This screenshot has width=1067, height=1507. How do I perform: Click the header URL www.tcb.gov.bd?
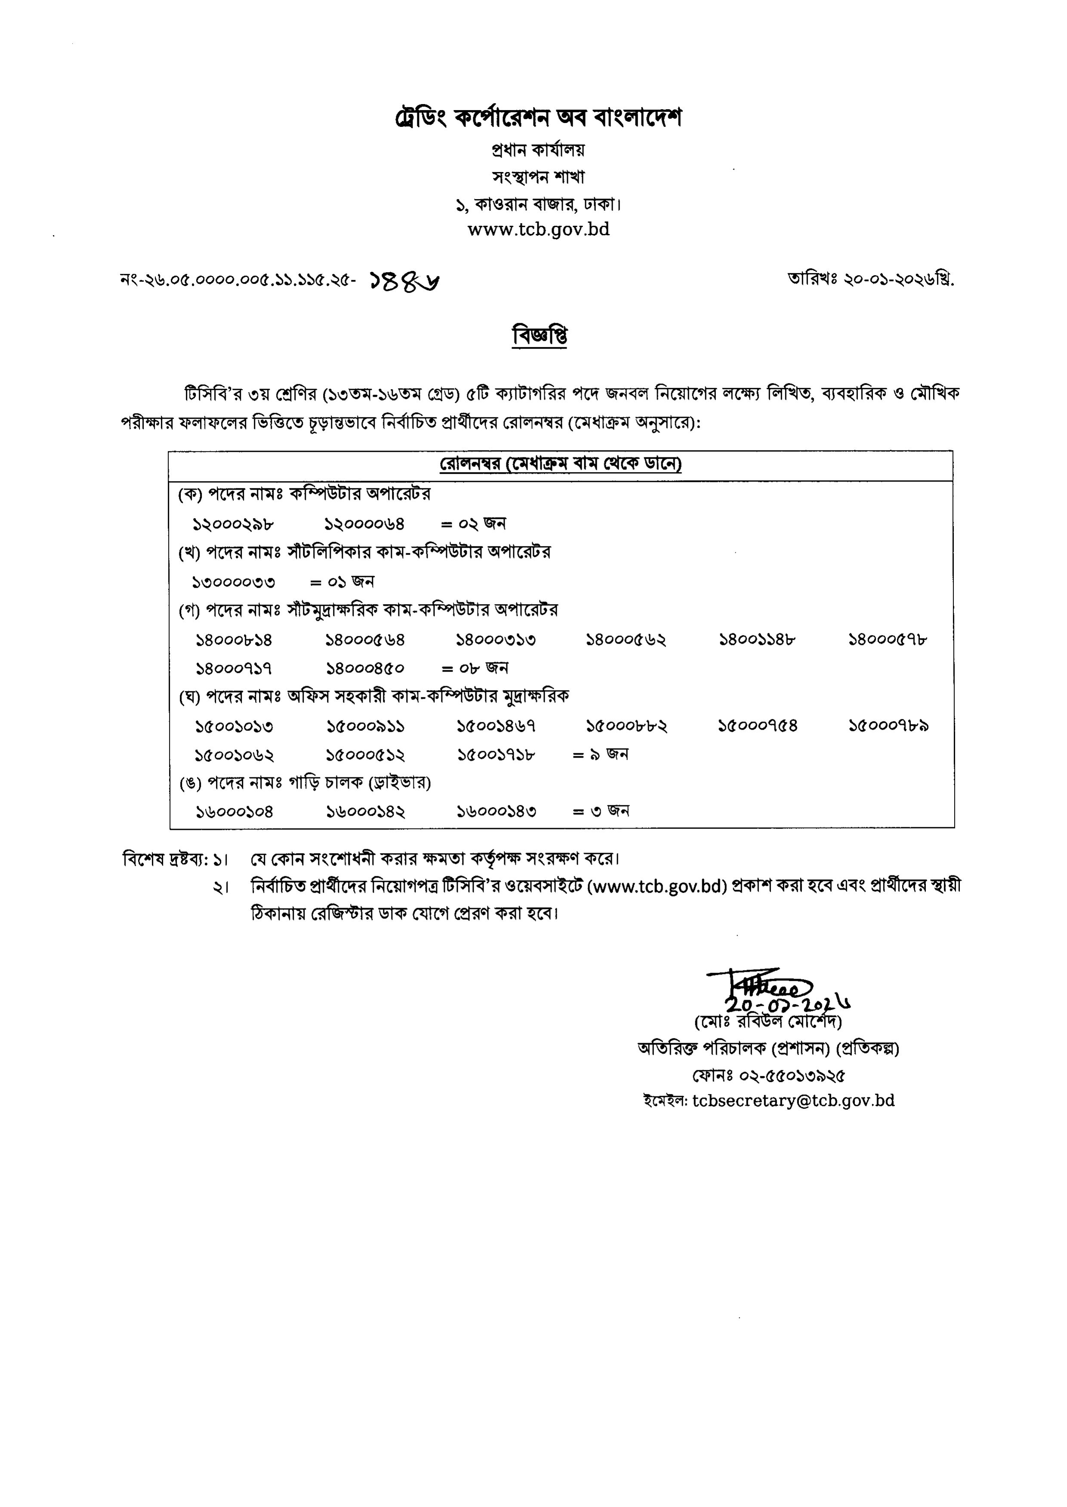tap(538, 229)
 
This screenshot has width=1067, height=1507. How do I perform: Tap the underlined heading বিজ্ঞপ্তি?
tap(540, 335)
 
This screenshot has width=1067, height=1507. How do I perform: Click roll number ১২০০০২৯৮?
tap(233, 524)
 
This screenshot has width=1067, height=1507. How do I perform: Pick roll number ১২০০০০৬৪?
tap(365, 524)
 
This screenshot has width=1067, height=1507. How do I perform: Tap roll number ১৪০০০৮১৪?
tap(234, 640)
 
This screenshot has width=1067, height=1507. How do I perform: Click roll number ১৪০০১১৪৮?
tap(758, 640)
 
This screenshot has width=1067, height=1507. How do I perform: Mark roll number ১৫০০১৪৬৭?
tap(496, 726)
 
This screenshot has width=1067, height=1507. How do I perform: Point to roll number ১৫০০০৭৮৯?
tap(888, 726)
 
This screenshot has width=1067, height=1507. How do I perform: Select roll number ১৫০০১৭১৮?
tap(496, 755)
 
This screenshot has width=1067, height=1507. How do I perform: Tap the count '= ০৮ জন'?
tap(475, 669)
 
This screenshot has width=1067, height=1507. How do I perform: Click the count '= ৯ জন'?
tap(601, 755)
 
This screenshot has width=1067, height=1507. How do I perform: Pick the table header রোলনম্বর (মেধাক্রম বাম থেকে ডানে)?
tap(561, 464)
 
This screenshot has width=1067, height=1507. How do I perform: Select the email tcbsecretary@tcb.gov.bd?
tap(793, 1101)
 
